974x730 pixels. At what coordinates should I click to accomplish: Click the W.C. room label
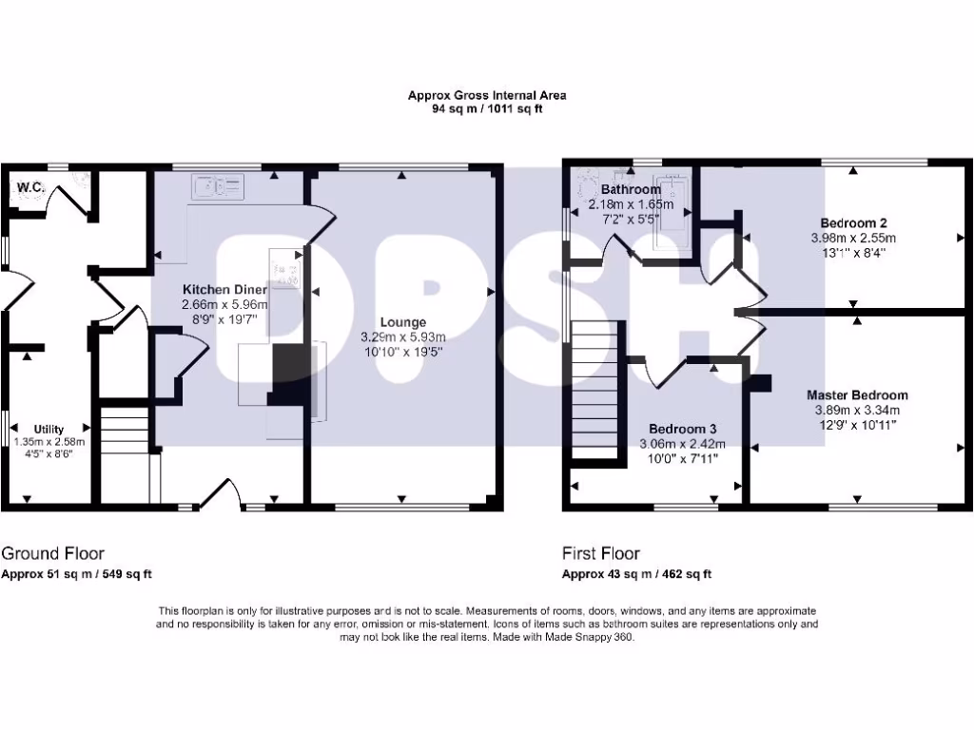29,187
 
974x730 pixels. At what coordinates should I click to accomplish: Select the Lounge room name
404,322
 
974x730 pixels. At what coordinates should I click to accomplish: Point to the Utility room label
49,430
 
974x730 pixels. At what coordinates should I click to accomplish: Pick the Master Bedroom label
857,395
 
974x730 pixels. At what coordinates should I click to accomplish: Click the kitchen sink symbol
218,187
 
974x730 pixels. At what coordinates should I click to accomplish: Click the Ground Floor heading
53,553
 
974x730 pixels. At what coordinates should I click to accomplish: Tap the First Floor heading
601,553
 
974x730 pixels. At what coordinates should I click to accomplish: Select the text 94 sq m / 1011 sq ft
487,108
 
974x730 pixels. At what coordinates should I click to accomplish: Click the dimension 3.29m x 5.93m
404,337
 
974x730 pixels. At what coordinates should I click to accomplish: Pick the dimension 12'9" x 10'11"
857,425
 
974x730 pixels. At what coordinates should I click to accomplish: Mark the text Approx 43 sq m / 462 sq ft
636,574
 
